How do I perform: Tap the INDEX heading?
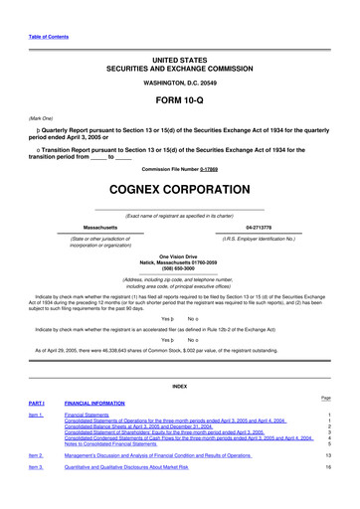tap(179, 386)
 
